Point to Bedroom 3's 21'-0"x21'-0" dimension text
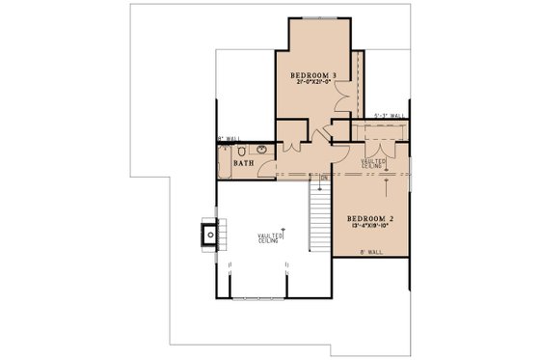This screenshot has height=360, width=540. point(312,84)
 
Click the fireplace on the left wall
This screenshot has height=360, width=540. point(210,233)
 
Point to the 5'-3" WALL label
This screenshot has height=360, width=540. point(389,117)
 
